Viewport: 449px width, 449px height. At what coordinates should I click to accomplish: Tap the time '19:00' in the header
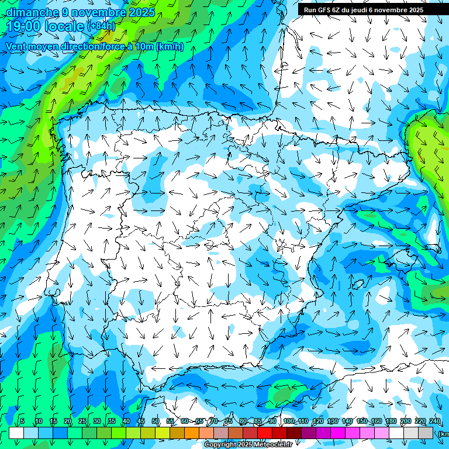24,26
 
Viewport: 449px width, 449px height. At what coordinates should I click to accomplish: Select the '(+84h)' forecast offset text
101,26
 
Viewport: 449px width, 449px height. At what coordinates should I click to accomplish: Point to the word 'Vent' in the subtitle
18,47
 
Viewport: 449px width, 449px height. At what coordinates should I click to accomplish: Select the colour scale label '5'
22,422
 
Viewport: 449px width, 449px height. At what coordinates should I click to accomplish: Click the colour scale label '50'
156,422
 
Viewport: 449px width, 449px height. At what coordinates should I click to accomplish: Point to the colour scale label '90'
272,422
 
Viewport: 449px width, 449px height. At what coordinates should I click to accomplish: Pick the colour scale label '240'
435,422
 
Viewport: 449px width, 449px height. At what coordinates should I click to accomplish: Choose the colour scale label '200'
406,422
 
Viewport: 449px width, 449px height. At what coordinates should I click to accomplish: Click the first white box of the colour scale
16,433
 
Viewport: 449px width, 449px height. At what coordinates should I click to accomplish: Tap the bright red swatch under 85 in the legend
265,433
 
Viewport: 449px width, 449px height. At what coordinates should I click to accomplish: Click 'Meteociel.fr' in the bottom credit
272,445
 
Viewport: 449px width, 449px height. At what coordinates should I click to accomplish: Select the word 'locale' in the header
64,26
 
